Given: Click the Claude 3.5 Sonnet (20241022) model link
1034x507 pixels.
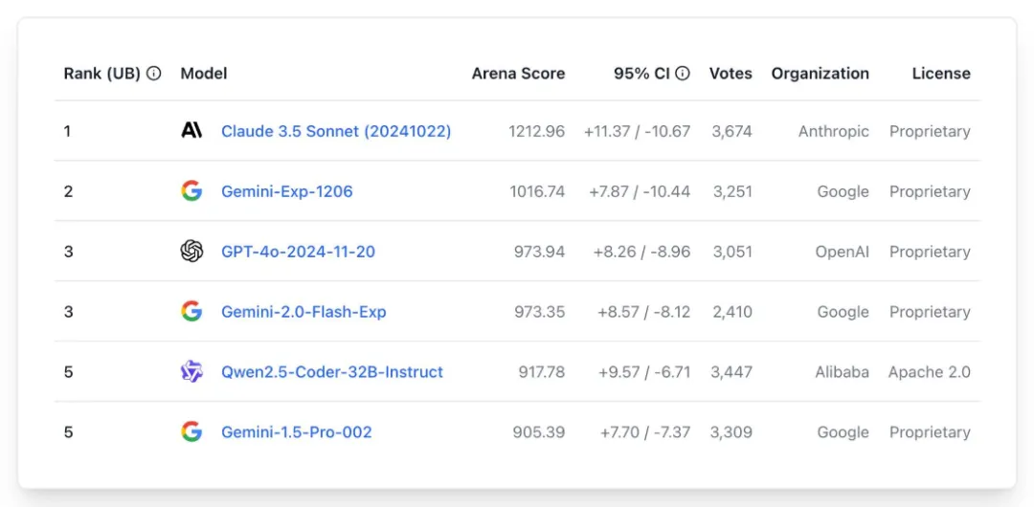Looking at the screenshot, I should (335, 131).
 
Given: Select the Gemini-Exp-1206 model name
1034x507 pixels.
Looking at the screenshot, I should (286, 191).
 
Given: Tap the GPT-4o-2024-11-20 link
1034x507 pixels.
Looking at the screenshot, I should (298, 252).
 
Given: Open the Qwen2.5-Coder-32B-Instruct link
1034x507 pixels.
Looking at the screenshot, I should (331, 372).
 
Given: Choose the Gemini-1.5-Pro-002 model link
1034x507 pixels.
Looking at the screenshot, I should (296, 432).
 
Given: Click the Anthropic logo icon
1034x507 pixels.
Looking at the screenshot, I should (191, 130).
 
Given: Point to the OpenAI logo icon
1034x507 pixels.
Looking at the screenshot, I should (191, 252).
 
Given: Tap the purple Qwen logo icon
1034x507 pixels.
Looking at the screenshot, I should (191, 372).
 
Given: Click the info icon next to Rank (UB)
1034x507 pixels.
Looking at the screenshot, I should (153, 74).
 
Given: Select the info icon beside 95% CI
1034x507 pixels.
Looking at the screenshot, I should (683, 74).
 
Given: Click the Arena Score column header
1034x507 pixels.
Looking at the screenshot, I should (518, 74).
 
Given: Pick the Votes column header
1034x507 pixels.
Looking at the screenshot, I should (731, 74).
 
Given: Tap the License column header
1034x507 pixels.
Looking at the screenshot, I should (941, 74).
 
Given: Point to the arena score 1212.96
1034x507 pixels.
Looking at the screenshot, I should (536, 131).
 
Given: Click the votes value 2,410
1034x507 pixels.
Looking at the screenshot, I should (731, 312).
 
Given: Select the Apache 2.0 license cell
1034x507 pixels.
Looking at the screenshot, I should (929, 372).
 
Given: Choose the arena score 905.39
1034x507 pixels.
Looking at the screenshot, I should (538, 432).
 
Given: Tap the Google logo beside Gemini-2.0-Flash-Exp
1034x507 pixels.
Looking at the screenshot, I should (191, 312).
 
